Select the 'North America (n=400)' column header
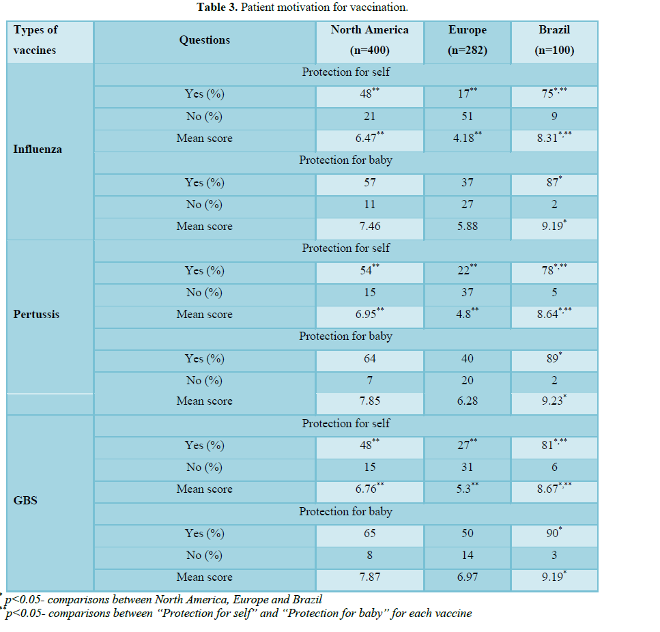369,40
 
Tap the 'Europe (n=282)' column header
467,40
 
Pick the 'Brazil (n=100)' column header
554,40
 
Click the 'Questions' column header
204,40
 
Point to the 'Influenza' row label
38,149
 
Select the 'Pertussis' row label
36,315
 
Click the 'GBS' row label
25,500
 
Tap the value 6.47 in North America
367,139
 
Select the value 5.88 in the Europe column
468,227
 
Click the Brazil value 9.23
551,401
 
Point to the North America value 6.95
367,315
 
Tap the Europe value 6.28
468,401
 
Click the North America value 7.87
369,577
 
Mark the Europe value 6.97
468,577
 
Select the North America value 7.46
369,227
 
